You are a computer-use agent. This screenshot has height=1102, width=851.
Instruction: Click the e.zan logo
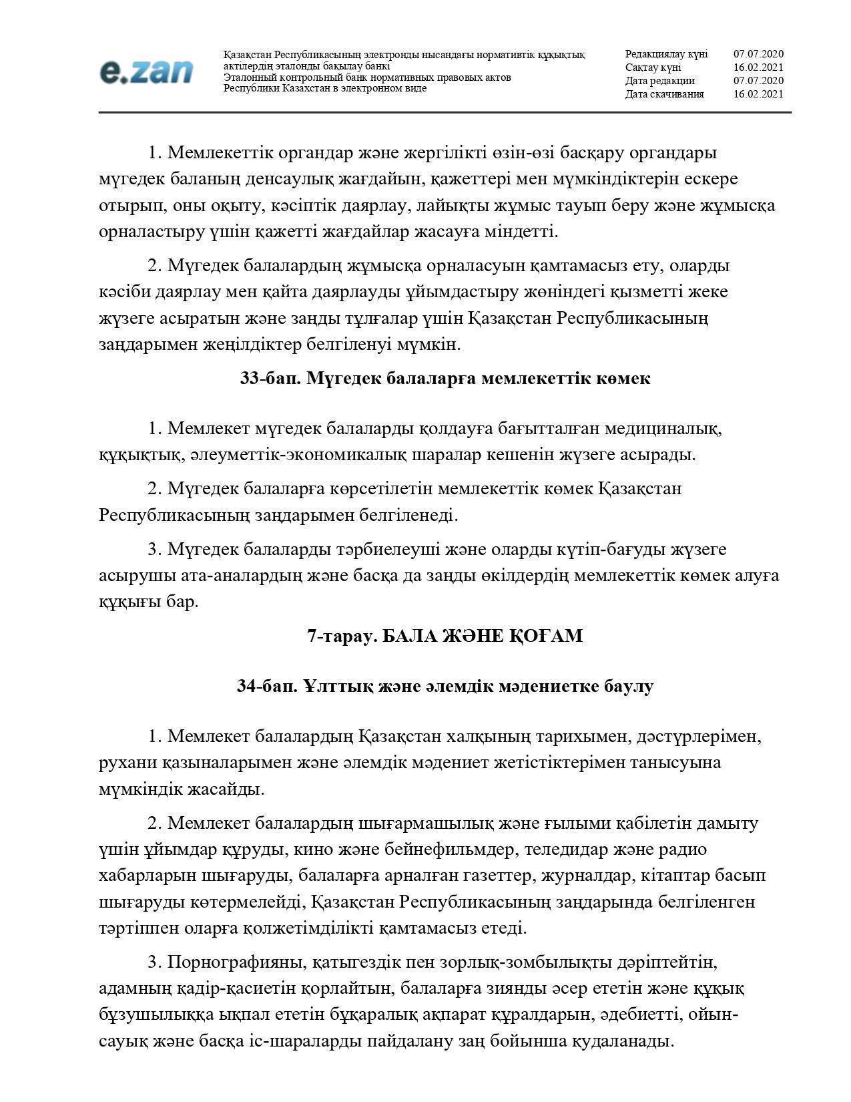point(146,71)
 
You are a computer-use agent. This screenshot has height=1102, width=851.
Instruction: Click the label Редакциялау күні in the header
point(666,54)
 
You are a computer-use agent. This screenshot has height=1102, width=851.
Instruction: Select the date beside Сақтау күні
point(758,67)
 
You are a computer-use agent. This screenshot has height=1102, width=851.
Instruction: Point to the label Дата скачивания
point(664,94)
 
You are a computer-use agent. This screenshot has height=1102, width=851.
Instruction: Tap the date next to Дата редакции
point(758,81)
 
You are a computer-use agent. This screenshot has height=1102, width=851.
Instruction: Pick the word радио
point(680,850)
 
